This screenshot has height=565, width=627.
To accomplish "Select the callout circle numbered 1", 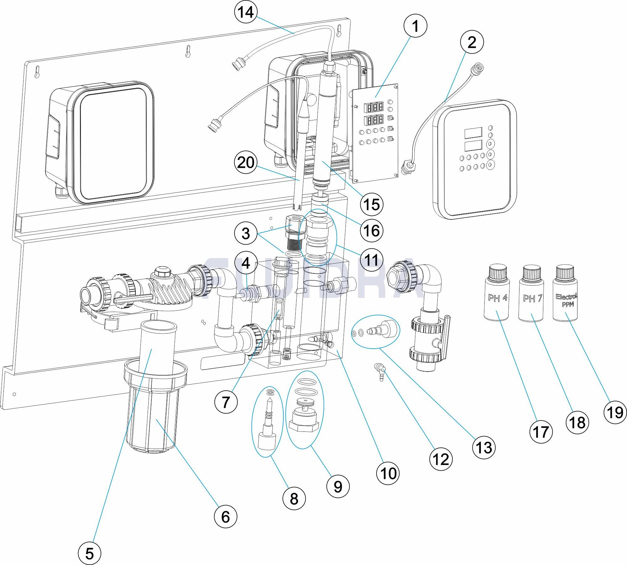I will (x=415, y=26).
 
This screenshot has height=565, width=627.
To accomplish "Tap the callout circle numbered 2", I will (x=472, y=42).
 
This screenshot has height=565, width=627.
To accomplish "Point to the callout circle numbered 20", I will (x=246, y=162).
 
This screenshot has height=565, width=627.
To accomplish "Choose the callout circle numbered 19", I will (x=615, y=412).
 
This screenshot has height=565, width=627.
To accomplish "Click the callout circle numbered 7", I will (x=226, y=402).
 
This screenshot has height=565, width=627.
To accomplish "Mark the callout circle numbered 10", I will (x=388, y=473).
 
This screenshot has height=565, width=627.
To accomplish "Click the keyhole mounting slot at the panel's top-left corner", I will (x=37, y=71).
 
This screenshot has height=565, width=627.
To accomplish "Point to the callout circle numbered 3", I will (x=246, y=233).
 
